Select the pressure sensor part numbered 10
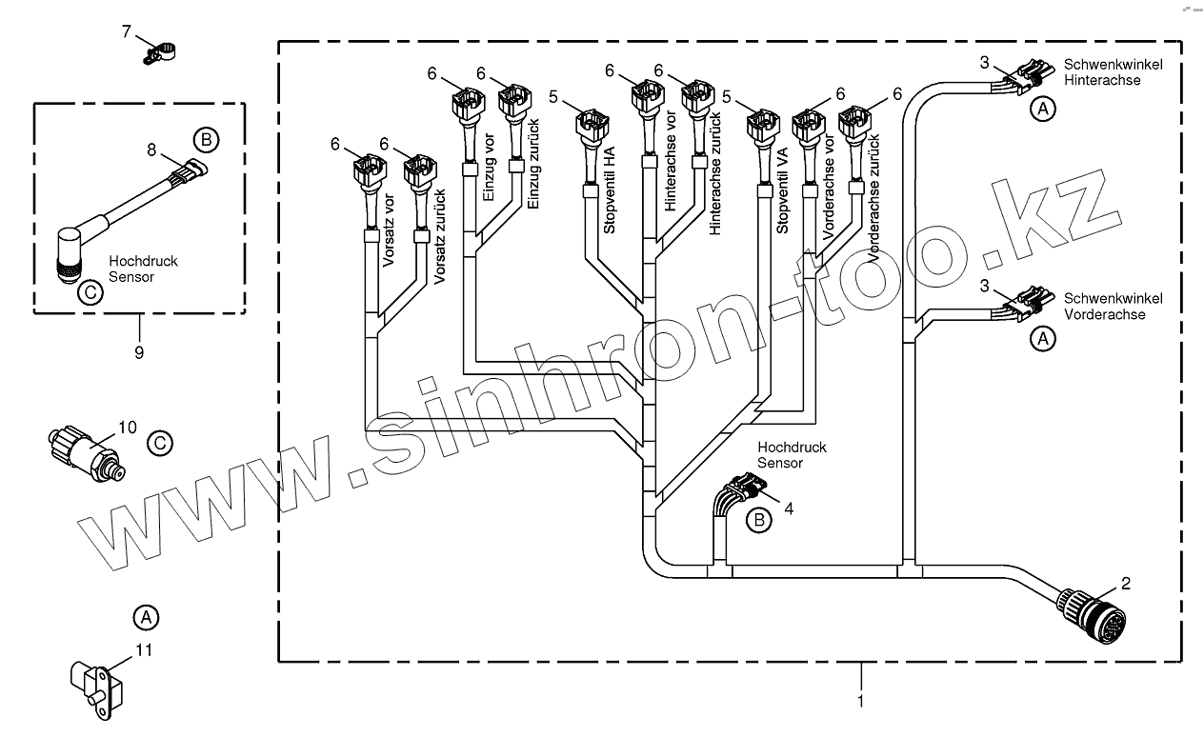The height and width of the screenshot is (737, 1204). tap(83, 448)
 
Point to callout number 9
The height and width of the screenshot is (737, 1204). tap(139, 352)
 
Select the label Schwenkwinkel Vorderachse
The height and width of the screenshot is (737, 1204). tap(1113, 306)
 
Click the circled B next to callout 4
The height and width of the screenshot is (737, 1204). tap(759, 520)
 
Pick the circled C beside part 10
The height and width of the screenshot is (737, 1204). tap(161, 442)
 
